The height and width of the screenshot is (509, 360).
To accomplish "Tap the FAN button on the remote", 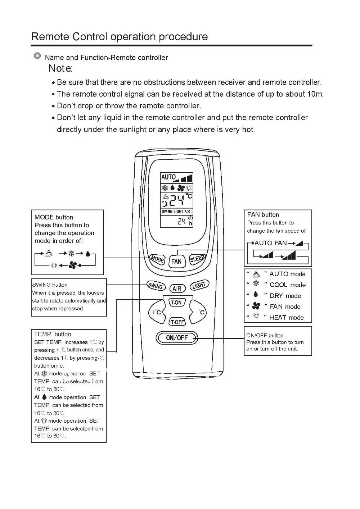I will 176,261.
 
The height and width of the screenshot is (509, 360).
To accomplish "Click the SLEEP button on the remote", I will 197,258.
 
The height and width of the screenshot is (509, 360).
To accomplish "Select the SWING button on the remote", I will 156,286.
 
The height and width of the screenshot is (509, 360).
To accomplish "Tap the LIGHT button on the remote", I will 199,286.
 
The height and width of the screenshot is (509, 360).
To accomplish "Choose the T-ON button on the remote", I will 176,303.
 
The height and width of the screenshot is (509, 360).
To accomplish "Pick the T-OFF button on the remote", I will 177,322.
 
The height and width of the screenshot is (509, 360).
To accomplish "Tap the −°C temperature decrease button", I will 199,312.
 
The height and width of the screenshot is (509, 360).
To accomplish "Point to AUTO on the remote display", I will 168,177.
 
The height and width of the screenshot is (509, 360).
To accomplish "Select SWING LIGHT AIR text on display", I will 176,212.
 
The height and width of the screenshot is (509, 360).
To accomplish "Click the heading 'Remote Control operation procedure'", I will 120,37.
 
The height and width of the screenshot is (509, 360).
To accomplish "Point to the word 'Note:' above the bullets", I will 60,68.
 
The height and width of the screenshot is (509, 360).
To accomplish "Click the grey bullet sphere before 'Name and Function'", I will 37,56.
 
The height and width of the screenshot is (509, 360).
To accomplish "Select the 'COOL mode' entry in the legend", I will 287,285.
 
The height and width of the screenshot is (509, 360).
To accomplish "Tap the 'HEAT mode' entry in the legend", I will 286,317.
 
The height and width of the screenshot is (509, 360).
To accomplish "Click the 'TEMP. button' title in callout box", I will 53,334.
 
